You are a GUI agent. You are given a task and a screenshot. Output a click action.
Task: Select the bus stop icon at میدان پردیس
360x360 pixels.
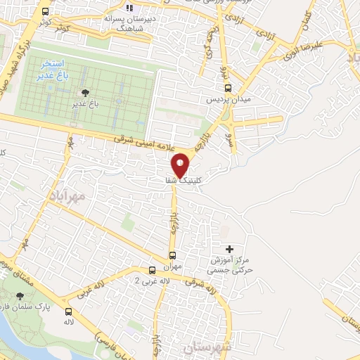point(228,88)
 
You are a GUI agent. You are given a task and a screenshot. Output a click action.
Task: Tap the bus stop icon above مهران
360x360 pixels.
point(172,255)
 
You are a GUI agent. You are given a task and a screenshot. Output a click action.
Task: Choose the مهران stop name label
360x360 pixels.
point(172,267)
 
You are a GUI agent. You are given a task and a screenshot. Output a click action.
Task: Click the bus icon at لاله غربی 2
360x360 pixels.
point(153,270)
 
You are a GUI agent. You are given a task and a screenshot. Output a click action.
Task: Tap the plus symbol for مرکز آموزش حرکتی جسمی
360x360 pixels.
point(230,249)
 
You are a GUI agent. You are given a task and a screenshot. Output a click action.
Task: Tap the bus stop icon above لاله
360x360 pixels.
point(68,311)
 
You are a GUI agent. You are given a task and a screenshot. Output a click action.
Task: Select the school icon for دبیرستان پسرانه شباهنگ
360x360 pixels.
point(129,8)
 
